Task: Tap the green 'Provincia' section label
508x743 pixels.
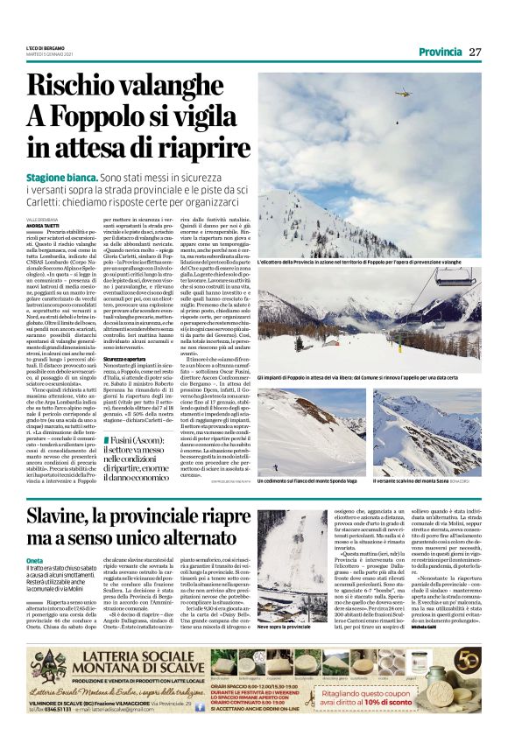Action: [441, 53]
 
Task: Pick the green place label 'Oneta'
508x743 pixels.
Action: [35, 560]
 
